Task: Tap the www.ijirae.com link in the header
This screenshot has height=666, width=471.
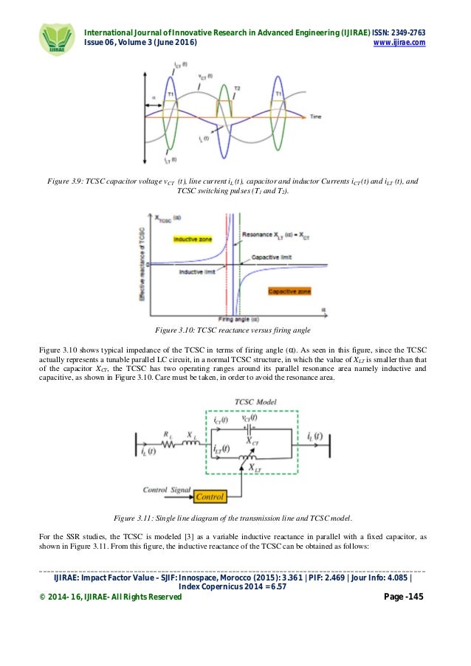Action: click(x=402, y=43)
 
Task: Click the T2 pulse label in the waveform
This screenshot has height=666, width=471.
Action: click(x=237, y=89)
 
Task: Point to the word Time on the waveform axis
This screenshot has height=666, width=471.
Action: click(x=315, y=117)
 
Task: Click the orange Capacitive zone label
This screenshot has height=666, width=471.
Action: click(x=289, y=291)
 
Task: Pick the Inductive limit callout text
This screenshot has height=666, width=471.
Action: click(x=196, y=271)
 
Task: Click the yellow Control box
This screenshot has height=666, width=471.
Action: click(x=206, y=497)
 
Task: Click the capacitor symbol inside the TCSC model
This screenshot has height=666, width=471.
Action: click(x=247, y=428)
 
